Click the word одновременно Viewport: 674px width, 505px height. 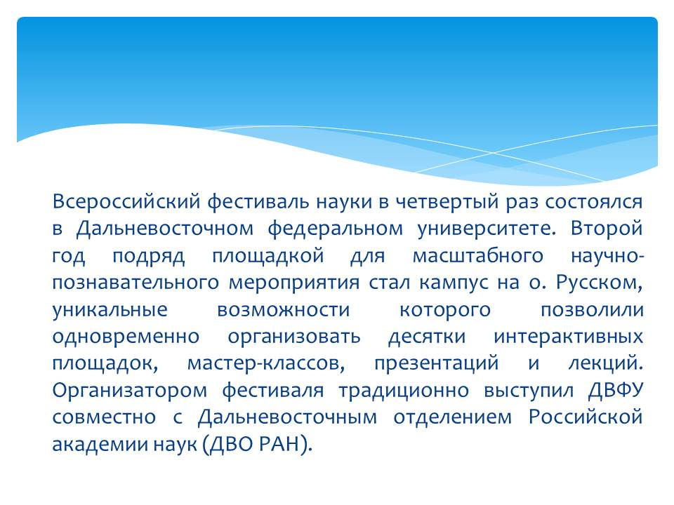[125, 337]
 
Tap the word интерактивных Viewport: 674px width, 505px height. [569, 337]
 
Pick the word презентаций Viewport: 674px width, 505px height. [436, 364]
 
